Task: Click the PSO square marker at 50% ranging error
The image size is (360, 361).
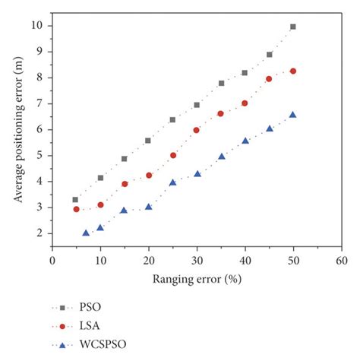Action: click(x=293, y=27)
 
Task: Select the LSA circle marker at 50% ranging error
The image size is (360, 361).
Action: click(x=293, y=71)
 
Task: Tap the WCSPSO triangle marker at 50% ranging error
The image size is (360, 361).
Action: click(x=293, y=115)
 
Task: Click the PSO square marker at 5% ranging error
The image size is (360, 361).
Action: click(x=75, y=199)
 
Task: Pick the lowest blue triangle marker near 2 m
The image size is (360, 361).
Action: click(x=86, y=233)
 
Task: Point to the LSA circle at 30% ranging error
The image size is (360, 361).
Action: click(x=197, y=130)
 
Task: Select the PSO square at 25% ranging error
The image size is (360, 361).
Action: click(x=172, y=119)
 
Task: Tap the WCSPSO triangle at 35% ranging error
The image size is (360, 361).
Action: click(x=221, y=157)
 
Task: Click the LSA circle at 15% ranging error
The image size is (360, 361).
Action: click(x=125, y=184)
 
